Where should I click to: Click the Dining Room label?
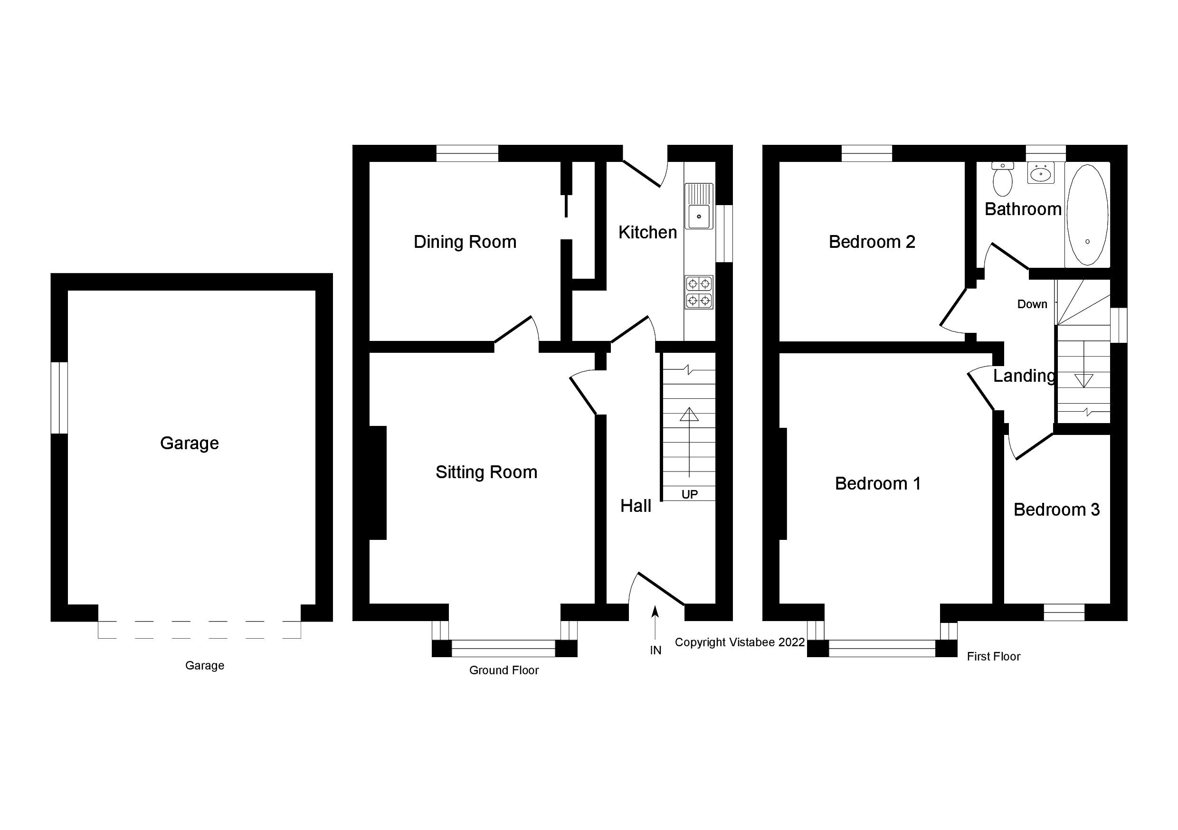click(x=465, y=242)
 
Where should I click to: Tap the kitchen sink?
click(x=699, y=206)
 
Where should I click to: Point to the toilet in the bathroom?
click(x=1003, y=179)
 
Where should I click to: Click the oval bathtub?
click(x=1087, y=215)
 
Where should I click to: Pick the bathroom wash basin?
click(x=1041, y=173)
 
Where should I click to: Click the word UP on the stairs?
click(x=689, y=494)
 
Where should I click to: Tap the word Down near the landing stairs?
click(x=1032, y=304)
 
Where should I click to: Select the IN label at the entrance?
click(x=655, y=651)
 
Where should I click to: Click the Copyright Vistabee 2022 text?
click(x=739, y=642)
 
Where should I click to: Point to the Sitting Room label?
click(x=486, y=472)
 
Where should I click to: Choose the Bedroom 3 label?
click(x=1056, y=509)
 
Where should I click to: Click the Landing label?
click(x=1024, y=376)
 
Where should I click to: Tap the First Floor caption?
click(x=993, y=657)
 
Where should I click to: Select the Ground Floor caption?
click(x=504, y=670)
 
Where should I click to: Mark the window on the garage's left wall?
click(x=59, y=397)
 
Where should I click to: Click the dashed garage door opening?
click(x=199, y=630)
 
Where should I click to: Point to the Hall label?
click(x=635, y=506)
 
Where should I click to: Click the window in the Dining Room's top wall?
click(x=467, y=153)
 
